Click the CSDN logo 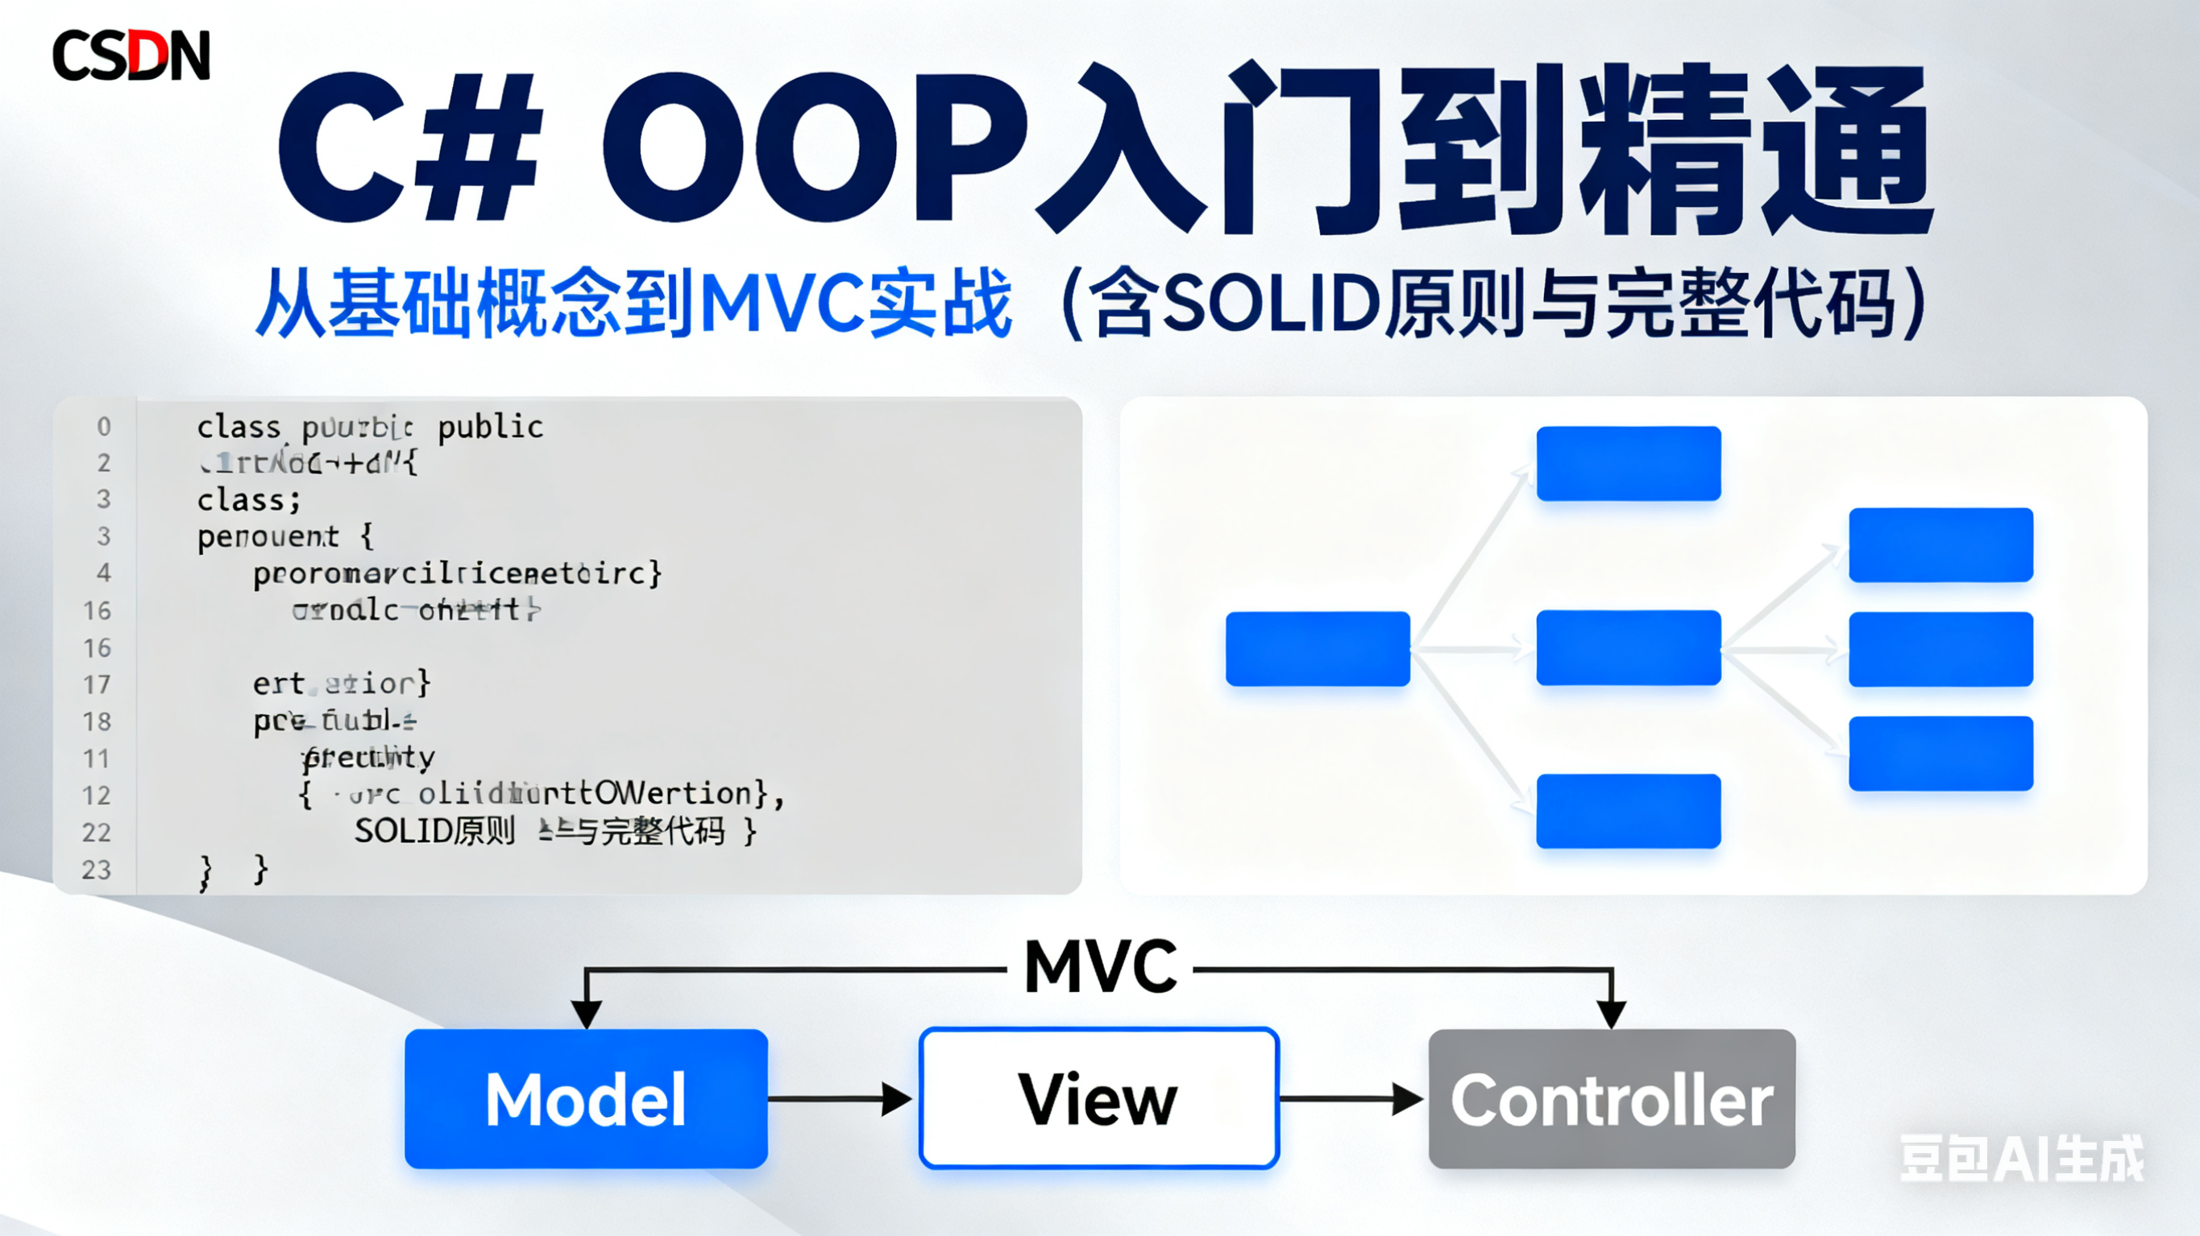(x=131, y=56)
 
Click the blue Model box (x=586, y=1098)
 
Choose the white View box (x=1098, y=1098)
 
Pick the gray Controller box (x=1612, y=1098)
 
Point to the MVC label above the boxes (x=1100, y=967)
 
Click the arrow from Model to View (x=841, y=1098)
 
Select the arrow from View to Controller (x=1352, y=1098)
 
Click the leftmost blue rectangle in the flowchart (x=1317, y=649)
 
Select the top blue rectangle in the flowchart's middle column (x=1628, y=464)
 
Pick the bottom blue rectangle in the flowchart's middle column (x=1628, y=811)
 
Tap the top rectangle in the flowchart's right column (x=1941, y=544)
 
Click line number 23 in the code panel (x=97, y=870)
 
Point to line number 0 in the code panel (x=103, y=426)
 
